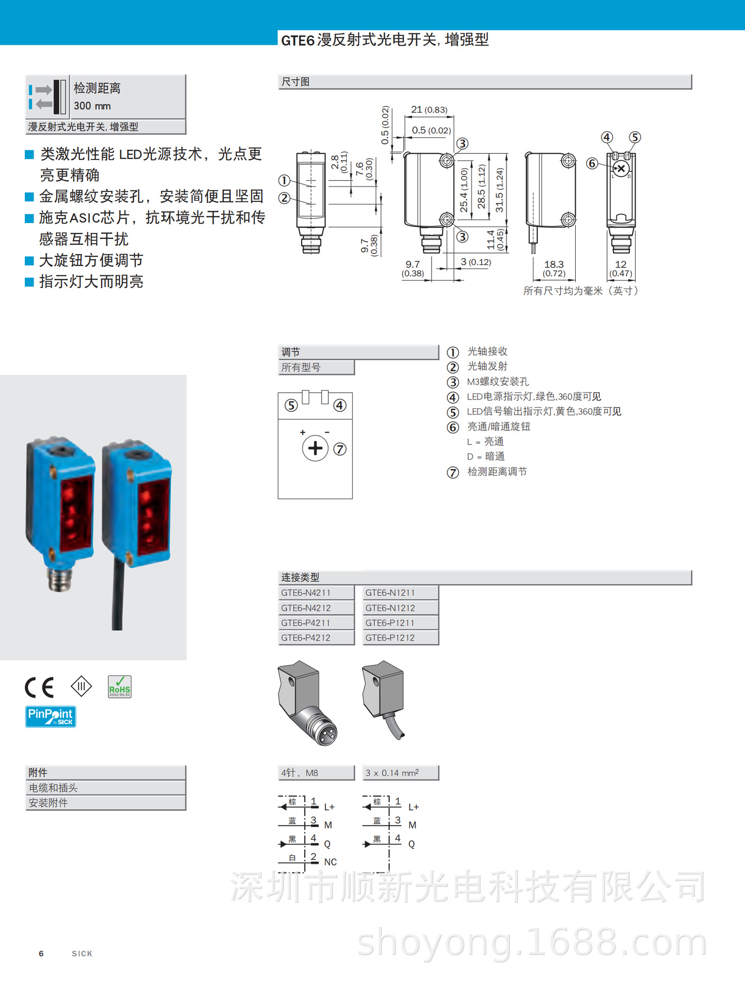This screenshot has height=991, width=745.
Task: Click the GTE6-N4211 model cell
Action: pos(315,593)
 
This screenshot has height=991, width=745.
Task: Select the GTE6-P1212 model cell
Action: pos(400,637)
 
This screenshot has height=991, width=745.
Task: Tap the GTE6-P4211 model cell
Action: pos(315,622)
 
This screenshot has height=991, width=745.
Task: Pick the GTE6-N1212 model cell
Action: pos(400,608)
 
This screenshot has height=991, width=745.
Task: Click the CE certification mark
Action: pos(39,687)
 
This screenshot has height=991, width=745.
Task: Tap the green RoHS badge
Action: pos(120,687)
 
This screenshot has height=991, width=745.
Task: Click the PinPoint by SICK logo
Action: pos(51,716)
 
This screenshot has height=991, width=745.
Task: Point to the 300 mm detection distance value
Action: pos(92,106)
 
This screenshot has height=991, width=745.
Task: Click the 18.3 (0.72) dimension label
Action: pos(554,268)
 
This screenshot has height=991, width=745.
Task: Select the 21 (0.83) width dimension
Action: pos(429,109)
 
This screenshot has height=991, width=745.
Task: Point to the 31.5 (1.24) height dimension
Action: pos(500,190)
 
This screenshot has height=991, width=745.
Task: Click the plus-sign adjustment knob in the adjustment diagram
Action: pos(315,448)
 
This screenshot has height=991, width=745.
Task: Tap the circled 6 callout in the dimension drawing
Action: pos(592,164)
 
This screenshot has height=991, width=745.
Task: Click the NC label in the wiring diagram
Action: pos(330,862)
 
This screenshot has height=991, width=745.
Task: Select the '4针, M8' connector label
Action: pos(315,773)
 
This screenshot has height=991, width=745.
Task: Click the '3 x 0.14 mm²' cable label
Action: pos(400,773)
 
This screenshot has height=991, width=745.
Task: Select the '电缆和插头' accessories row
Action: pos(105,788)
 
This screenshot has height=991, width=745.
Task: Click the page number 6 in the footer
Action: pos(41,953)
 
